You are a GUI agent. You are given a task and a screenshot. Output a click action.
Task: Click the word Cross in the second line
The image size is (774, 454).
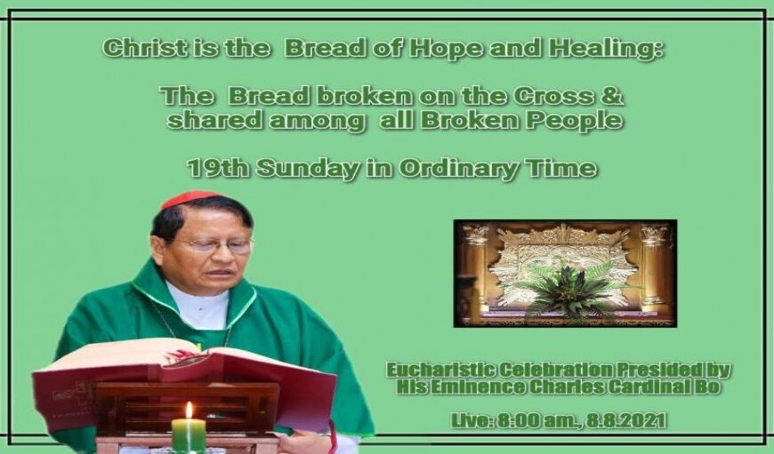coord(554,96)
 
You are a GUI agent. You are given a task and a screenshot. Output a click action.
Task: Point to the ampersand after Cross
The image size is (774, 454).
coord(613,96)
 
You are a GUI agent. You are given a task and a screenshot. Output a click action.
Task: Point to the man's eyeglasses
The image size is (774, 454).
coord(217,244)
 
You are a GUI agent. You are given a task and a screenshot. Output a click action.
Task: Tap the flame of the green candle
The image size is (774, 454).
coord(189,410)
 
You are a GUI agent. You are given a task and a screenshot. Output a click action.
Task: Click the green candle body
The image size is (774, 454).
coord(188,434)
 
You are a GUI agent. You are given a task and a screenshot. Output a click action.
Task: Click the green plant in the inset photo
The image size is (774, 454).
coord(568,291)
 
